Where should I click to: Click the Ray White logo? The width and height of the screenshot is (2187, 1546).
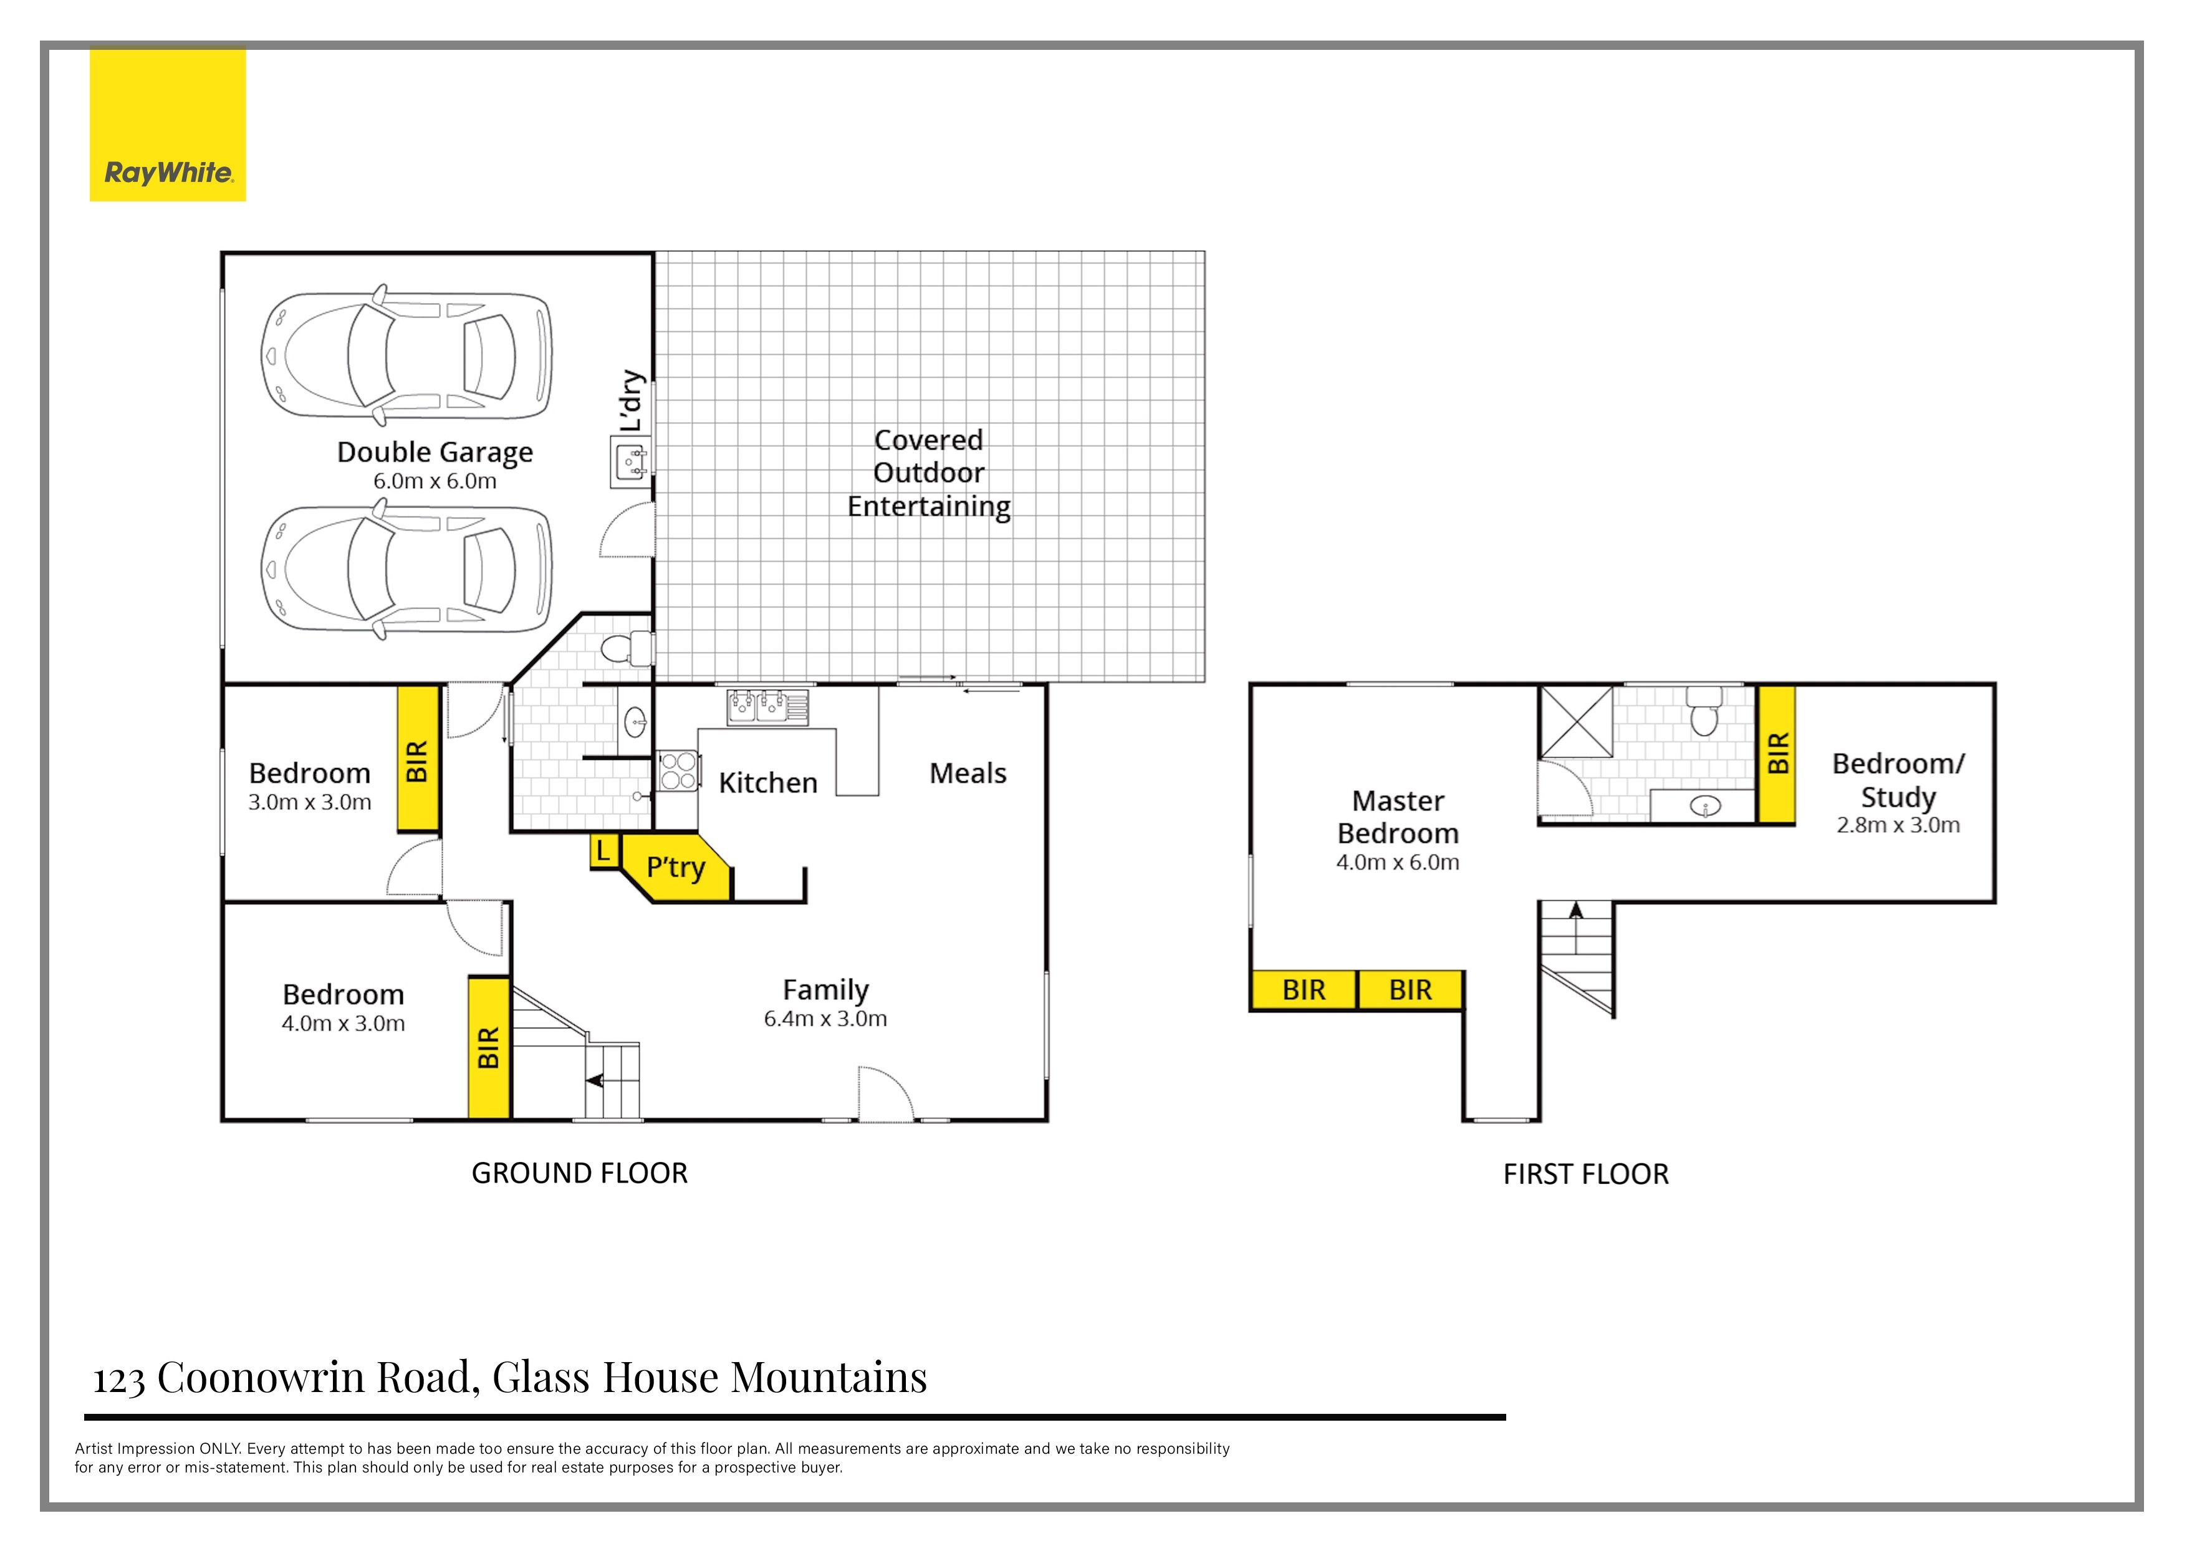click(x=168, y=125)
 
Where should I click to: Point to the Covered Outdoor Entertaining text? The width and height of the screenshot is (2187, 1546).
click(x=929, y=473)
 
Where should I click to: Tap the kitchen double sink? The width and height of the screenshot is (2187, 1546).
click(x=767, y=707)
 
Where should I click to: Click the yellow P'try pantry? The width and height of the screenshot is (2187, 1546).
click(x=675, y=868)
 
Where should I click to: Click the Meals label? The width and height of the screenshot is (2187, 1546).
click(x=968, y=774)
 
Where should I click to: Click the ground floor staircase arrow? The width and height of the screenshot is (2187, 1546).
click(x=595, y=1080)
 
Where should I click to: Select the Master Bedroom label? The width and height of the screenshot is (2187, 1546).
click(x=1397, y=817)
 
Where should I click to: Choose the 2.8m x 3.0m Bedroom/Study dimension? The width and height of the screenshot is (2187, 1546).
click(x=1898, y=825)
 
